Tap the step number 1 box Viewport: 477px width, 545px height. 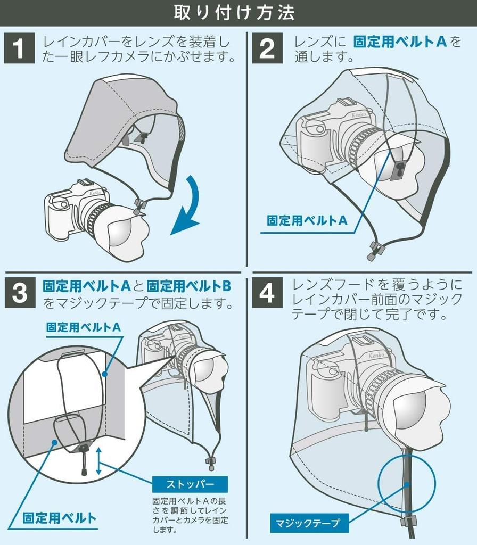coord(19,49)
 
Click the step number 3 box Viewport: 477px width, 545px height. coord(19,293)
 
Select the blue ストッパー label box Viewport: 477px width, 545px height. coord(190,484)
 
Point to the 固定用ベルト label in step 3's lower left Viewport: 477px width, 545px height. coord(60,518)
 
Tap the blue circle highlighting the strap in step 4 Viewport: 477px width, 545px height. coord(407,483)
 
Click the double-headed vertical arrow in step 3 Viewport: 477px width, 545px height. coord(98,461)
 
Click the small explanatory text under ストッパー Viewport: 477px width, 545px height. coord(190,515)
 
